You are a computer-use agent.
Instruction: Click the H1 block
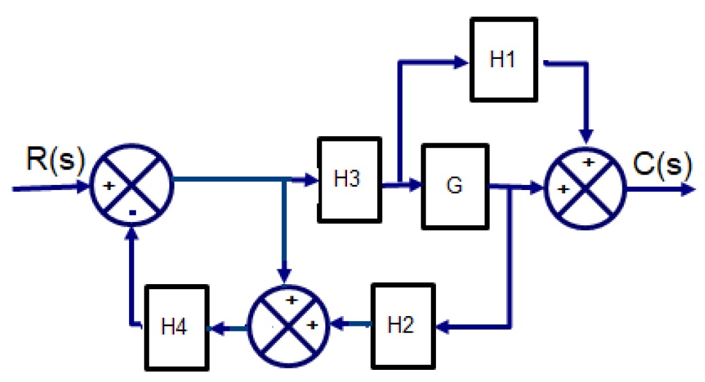504,60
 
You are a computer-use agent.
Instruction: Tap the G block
454,186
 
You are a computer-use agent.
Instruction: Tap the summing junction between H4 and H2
287,325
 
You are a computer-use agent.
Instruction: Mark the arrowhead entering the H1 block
461,62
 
